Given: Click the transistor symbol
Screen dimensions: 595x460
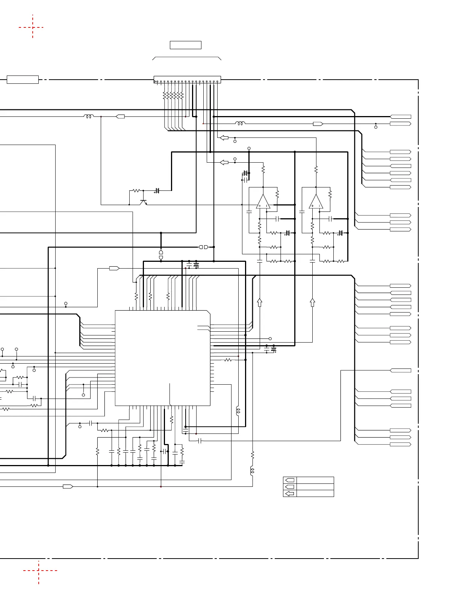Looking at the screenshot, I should click(143, 202).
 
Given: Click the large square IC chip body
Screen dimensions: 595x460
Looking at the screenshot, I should click(162, 358).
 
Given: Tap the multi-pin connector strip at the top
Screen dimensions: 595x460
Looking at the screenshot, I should click(187, 80).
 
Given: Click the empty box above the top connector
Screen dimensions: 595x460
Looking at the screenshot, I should click(186, 45).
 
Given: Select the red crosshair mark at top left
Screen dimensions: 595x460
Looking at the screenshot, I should click(33, 27).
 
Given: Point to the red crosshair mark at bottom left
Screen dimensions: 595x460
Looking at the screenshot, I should click(38, 571).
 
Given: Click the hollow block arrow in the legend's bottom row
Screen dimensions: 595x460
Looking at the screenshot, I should click(290, 494).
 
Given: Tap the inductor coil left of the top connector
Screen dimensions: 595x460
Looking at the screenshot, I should click(89, 116).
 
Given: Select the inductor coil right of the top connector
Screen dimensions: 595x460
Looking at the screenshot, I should click(240, 123).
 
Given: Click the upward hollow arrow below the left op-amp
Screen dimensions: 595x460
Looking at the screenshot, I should click(259, 302).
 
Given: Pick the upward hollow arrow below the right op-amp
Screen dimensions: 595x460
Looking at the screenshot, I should click(312, 302).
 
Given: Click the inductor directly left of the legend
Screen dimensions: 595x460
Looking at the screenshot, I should click(252, 470).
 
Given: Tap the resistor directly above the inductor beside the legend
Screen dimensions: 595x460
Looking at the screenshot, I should click(253, 455).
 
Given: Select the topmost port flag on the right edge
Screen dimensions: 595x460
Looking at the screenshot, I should click(401, 117).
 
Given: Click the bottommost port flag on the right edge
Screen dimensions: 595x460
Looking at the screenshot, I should click(401, 444).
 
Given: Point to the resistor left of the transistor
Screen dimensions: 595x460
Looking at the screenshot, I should click(136, 191).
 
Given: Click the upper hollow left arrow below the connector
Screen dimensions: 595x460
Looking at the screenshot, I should click(224, 138).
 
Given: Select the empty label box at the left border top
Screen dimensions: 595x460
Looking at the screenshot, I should click(23, 80).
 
